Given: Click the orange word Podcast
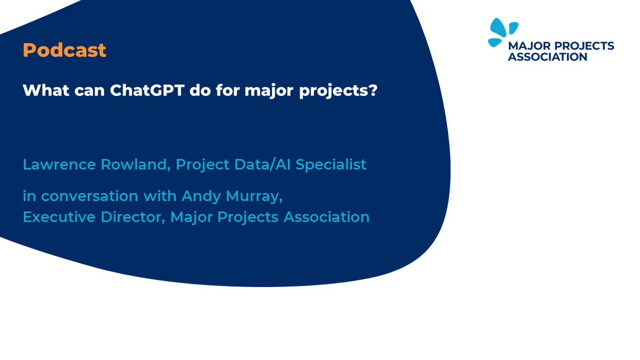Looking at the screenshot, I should coord(65,51).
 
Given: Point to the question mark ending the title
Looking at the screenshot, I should coord(373,90).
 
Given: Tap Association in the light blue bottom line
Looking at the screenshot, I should coord(324,218).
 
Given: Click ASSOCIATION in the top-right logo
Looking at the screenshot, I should coord(547,57).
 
